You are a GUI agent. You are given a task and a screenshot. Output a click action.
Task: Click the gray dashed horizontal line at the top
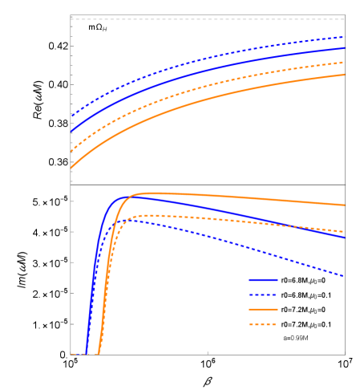pyautogui.click(x=207, y=19)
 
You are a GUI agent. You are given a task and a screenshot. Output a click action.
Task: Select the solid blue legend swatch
pyautogui.click(x=263, y=281)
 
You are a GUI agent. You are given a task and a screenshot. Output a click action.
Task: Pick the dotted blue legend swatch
pyautogui.click(x=263, y=295)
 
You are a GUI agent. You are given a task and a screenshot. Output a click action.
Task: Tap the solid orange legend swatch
pyautogui.click(x=263, y=310)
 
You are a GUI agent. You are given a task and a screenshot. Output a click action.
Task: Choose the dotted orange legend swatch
pyautogui.click(x=263, y=324)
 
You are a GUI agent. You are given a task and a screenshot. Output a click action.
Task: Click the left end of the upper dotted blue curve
pyautogui.click(x=71, y=116)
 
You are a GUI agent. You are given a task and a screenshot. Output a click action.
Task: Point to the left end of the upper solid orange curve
pyautogui.click(x=71, y=169)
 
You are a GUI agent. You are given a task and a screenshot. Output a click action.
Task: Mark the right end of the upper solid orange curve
pyautogui.click(x=345, y=75)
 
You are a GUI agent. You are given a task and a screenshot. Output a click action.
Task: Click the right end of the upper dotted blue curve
pyautogui.click(x=345, y=37)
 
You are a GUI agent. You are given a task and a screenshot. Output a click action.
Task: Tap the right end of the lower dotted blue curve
pyautogui.click(x=345, y=276)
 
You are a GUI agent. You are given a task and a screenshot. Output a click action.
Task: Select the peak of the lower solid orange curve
pyautogui.click(x=148, y=193)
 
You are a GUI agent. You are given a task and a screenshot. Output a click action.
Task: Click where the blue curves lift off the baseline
pyautogui.click(x=86, y=353)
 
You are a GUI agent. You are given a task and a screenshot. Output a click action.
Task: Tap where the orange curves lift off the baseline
pyautogui.click(x=99, y=353)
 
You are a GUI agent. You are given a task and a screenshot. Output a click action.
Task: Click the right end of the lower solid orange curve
pyautogui.click(x=345, y=205)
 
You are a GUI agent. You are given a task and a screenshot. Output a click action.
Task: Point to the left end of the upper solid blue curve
pyautogui.click(x=71, y=131)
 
